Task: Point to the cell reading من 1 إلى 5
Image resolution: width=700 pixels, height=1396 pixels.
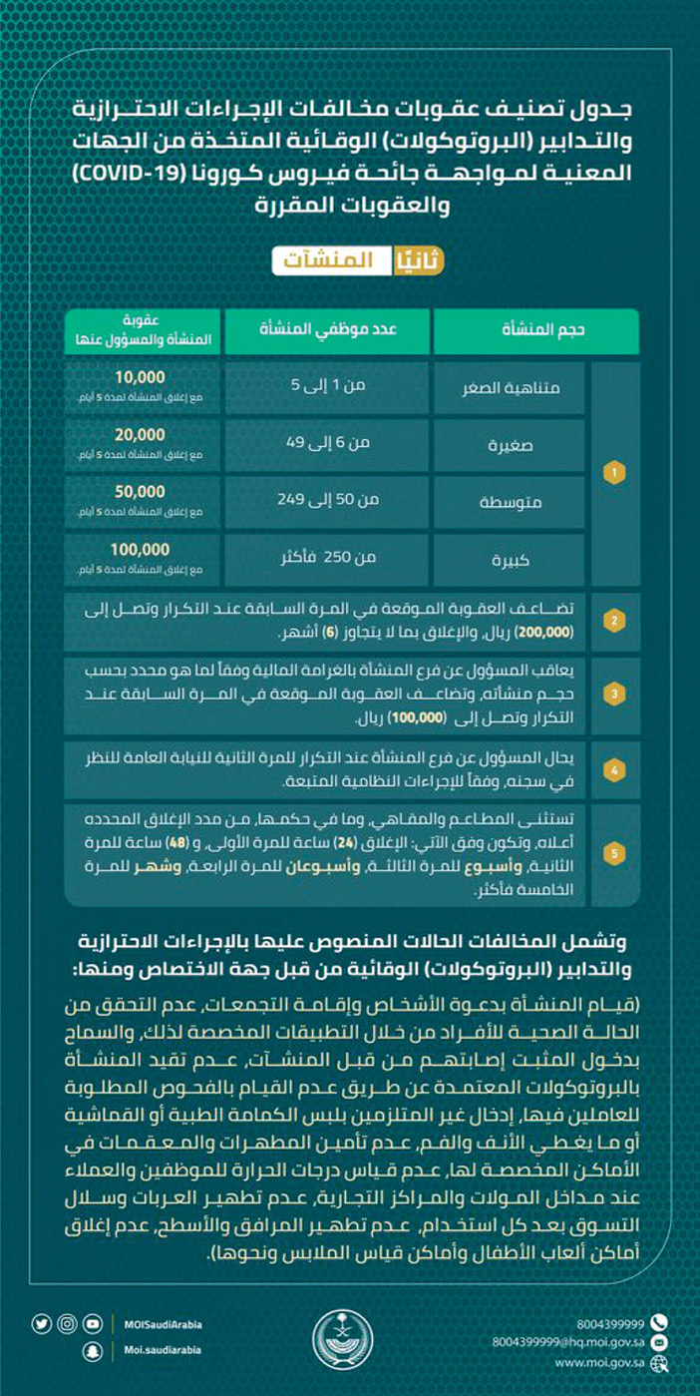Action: (x=327, y=385)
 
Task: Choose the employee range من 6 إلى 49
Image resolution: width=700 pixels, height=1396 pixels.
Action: (x=327, y=443)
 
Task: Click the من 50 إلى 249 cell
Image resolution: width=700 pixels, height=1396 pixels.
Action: (x=327, y=500)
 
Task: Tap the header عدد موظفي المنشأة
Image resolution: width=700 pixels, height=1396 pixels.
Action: (x=327, y=330)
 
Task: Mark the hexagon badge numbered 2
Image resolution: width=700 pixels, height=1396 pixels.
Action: (x=618, y=621)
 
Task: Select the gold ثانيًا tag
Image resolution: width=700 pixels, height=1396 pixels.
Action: (x=418, y=260)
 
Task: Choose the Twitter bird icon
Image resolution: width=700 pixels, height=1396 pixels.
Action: (x=41, y=1324)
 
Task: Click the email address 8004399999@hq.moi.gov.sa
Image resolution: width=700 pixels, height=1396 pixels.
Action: (x=566, y=1342)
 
